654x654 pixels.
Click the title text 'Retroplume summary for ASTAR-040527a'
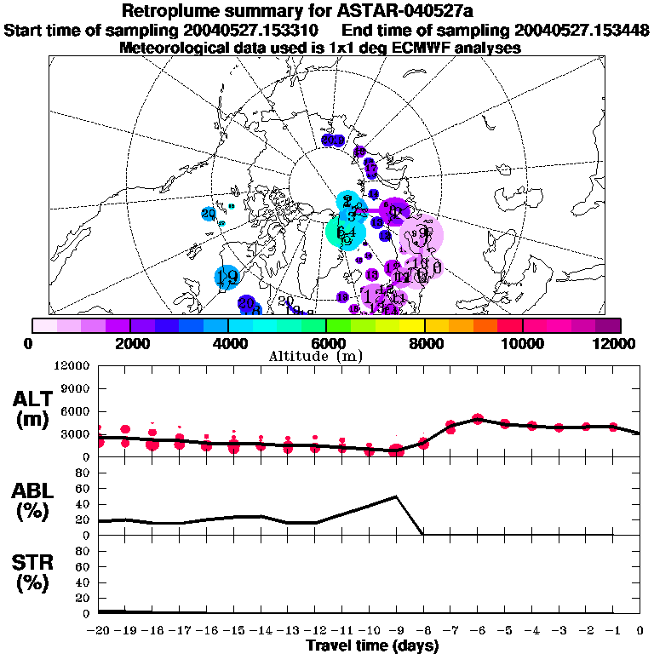coord(326,11)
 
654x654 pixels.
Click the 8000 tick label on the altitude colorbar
coord(424,343)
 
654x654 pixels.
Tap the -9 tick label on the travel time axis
coord(396,631)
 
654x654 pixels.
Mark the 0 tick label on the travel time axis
coord(640,631)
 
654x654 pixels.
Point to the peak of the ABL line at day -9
coord(396,496)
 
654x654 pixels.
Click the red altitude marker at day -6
coord(478,419)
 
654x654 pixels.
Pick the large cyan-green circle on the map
coord(346,232)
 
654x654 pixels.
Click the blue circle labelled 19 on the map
coord(227,277)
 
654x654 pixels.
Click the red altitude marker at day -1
coord(613,427)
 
